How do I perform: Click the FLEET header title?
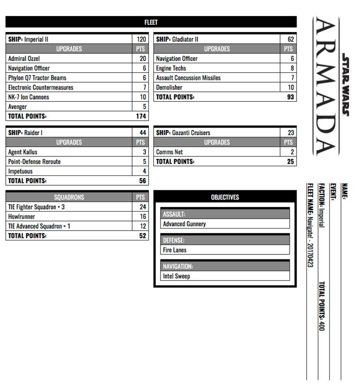coord(151,22)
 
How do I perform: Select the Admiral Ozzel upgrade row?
coord(24,59)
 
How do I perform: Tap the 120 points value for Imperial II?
coord(141,39)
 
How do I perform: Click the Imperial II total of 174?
coord(140,117)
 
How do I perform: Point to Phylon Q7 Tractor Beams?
coord(37,78)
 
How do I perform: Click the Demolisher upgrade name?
coord(169,88)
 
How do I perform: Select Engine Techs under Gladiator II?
coord(171,68)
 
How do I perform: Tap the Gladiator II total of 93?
coord(290,97)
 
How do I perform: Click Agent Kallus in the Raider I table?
coord(23,152)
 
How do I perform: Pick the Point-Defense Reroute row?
coord(34,162)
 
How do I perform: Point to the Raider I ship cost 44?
coord(143,133)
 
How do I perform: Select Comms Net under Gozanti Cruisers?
coord(169,152)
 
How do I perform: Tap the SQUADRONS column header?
coord(69,197)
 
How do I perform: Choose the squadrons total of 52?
coord(142,236)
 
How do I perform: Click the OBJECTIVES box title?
coord(225,197)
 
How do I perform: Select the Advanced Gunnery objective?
coord(184,224)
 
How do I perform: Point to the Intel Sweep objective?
coord(176,276)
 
